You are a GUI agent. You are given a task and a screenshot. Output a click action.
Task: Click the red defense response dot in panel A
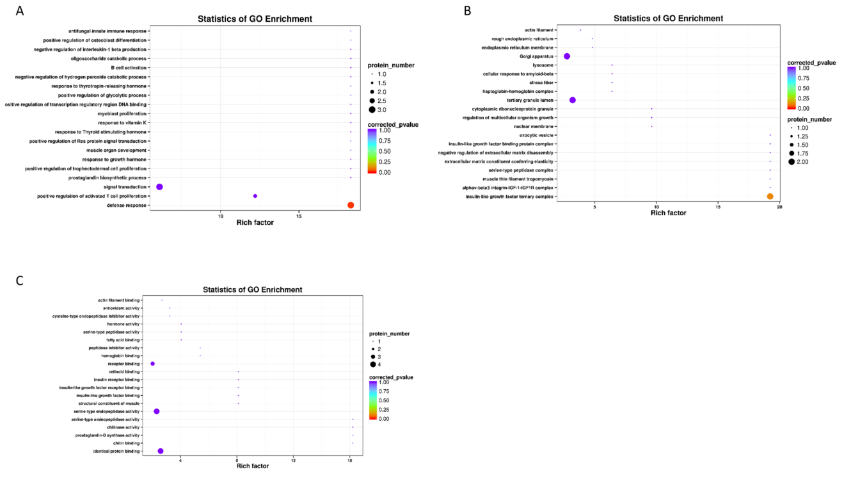point(351,205)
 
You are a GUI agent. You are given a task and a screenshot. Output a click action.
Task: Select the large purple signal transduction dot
point(159,187)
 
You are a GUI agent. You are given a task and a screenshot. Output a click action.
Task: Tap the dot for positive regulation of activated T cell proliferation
point(255,196)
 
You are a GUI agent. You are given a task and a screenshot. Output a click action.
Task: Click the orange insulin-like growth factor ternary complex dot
point(770,196)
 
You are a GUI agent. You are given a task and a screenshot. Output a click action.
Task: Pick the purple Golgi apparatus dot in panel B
point(567,56)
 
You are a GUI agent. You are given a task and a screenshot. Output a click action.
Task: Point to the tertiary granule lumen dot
point(573,100)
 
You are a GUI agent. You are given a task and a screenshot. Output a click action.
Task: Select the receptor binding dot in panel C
point(152,364)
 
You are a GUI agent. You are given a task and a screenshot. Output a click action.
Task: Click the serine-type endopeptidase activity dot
point(157,411)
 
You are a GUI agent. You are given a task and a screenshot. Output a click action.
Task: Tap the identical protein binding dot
point(161,451)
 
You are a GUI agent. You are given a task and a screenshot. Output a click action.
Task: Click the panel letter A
point(20,12)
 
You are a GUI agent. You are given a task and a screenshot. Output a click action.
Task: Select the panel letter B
point(467,11)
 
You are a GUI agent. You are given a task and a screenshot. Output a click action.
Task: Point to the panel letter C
point(20,280)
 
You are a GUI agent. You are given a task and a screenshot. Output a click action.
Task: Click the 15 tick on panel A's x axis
point(299,216)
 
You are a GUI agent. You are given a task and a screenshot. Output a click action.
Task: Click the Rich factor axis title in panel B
point(668,213)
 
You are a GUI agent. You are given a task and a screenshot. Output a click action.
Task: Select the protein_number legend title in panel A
point(391,65)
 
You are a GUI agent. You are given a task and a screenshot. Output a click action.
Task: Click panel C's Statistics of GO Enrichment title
point(252,290)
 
